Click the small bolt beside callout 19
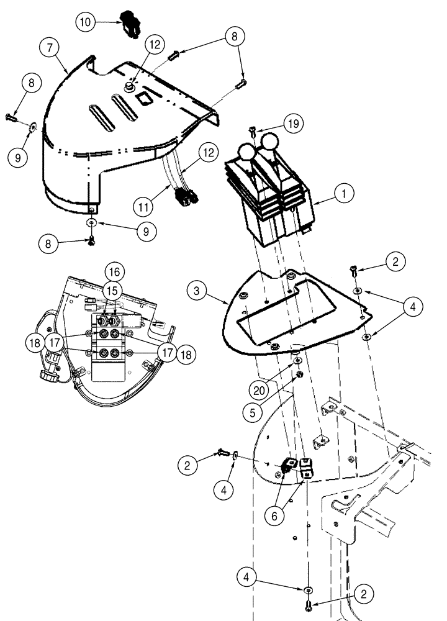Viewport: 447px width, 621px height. (x=253, y=131)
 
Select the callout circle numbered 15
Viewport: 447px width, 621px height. (x=112, y=291)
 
